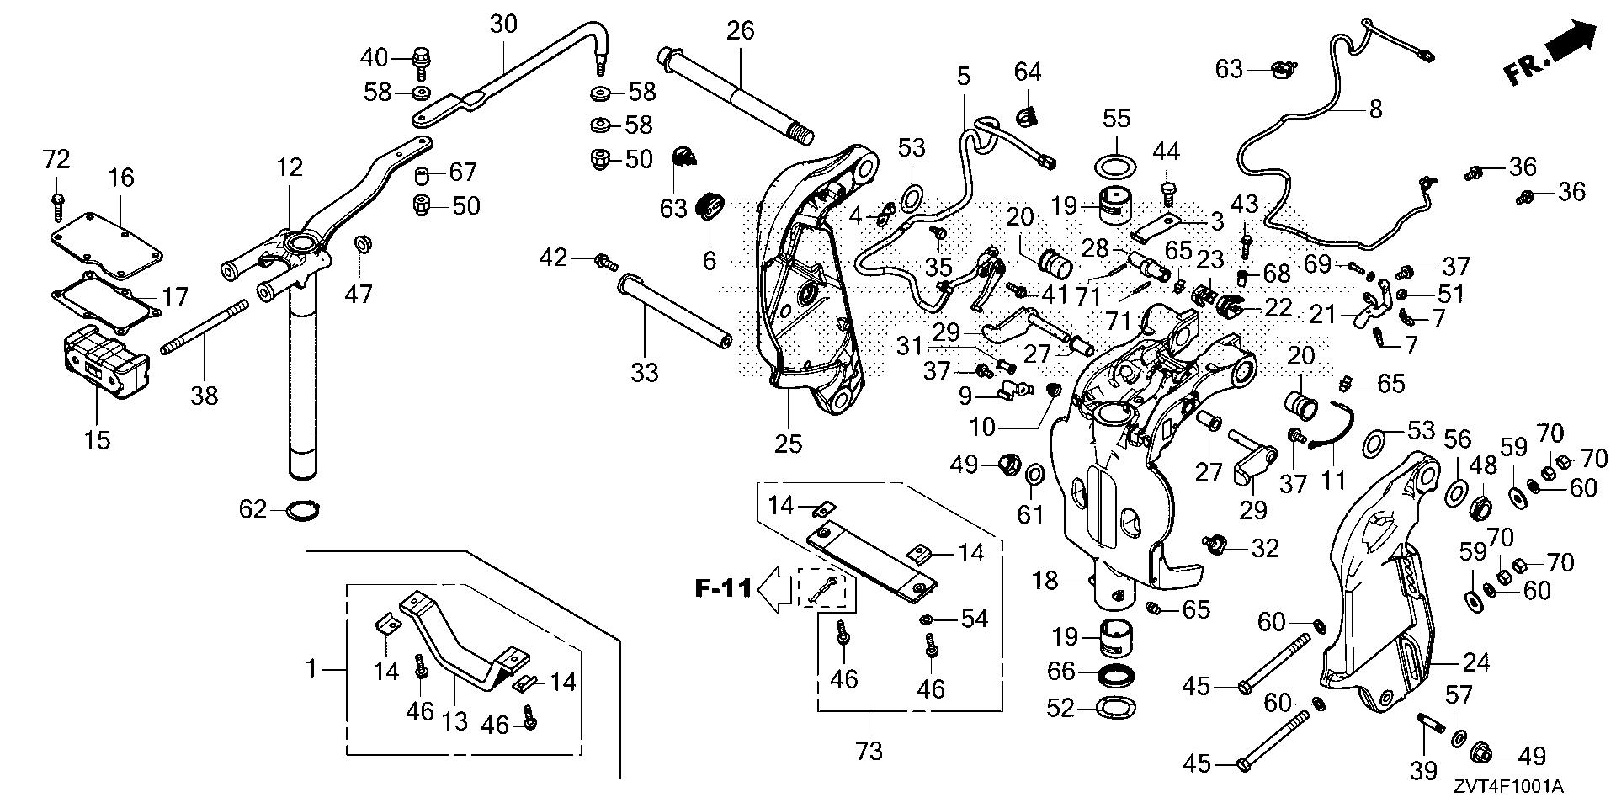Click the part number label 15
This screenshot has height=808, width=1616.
[98, 439]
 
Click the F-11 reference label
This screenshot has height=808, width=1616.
[723, 587]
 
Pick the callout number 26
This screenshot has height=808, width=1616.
[741, 32]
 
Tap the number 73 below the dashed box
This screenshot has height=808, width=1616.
[869, 749]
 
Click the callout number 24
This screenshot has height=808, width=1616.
[1475, 663]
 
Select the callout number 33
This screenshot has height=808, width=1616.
[645, 371]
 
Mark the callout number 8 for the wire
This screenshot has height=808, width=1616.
[1374, 109]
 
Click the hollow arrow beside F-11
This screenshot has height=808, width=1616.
[775, 587]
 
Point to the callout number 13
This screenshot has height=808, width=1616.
[454, 720]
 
